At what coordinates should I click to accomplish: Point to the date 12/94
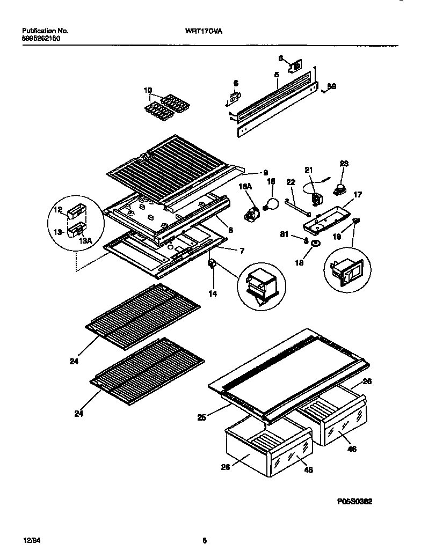30,540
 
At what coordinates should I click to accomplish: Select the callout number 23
344,164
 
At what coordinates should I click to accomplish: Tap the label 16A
245,186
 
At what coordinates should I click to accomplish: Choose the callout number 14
213,294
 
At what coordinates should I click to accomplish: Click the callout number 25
201,417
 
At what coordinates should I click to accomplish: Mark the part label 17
357,195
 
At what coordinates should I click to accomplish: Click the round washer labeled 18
313,245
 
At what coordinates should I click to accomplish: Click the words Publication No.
45,32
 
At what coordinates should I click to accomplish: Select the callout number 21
309,170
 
